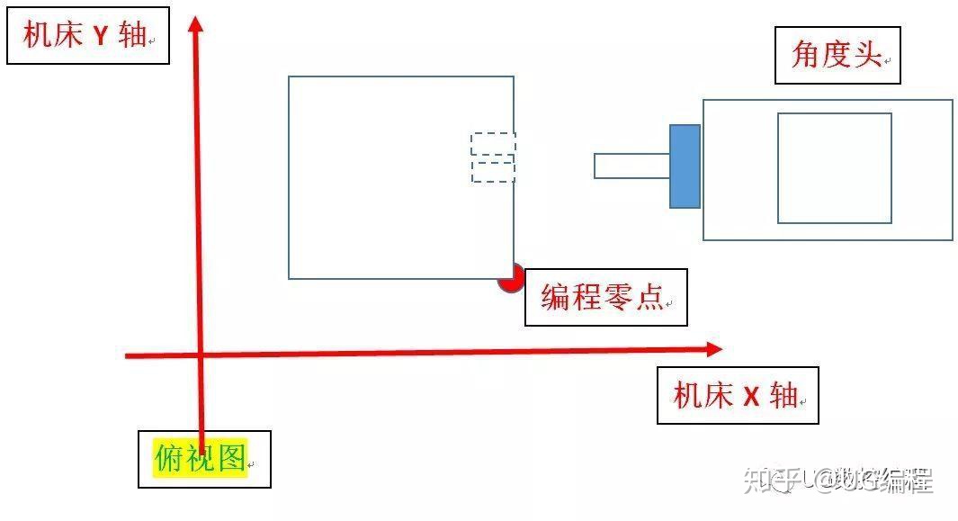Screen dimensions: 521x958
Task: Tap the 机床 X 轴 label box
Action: tap(738, 395)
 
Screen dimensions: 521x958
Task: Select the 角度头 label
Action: tap(837, 56)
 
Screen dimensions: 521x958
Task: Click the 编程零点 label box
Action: tap(605, 297)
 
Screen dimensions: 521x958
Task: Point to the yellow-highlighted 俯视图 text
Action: tap(200, 459)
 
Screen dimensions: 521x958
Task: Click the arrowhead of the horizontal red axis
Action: tap(714, 348)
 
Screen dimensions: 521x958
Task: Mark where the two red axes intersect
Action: tap(199, 355)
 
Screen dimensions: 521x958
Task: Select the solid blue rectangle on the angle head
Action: tap(685, 166)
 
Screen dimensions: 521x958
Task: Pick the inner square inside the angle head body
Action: tap(834, 167)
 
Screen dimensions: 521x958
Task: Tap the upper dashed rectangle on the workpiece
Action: tap(493, 143)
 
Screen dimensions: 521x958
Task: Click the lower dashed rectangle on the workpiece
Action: tap(493, 171)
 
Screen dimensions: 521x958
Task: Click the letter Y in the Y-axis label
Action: tap(102, 37)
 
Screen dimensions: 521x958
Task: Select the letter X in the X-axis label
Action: tap(752, 396)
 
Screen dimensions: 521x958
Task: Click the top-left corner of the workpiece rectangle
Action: tap(289, 76)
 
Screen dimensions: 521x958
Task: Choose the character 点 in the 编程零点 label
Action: tap(649, 297)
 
